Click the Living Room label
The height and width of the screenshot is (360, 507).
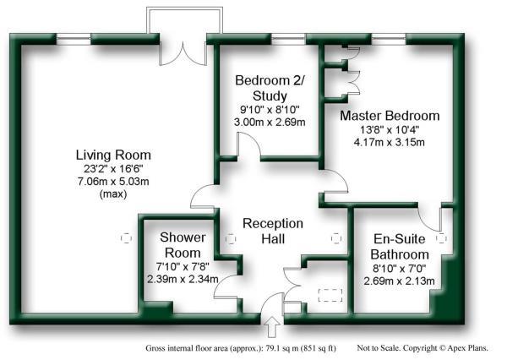click(113, 155)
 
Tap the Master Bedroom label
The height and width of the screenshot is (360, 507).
click(390, 116)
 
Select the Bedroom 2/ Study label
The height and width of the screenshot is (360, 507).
click(269, 89)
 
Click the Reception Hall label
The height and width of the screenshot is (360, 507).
click(273, 231)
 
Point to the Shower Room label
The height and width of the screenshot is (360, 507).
click(180, 245)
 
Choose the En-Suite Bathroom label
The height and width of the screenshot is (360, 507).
click(395, 246)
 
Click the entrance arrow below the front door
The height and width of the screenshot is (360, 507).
click(273, 325)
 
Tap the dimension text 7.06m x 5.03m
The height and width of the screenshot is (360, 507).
click(113, 182)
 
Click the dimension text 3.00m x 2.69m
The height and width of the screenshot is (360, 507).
click(270, 123)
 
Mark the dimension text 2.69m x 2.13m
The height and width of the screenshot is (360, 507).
click(397, 281)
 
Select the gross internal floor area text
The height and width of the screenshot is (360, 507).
click(241, 346)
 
